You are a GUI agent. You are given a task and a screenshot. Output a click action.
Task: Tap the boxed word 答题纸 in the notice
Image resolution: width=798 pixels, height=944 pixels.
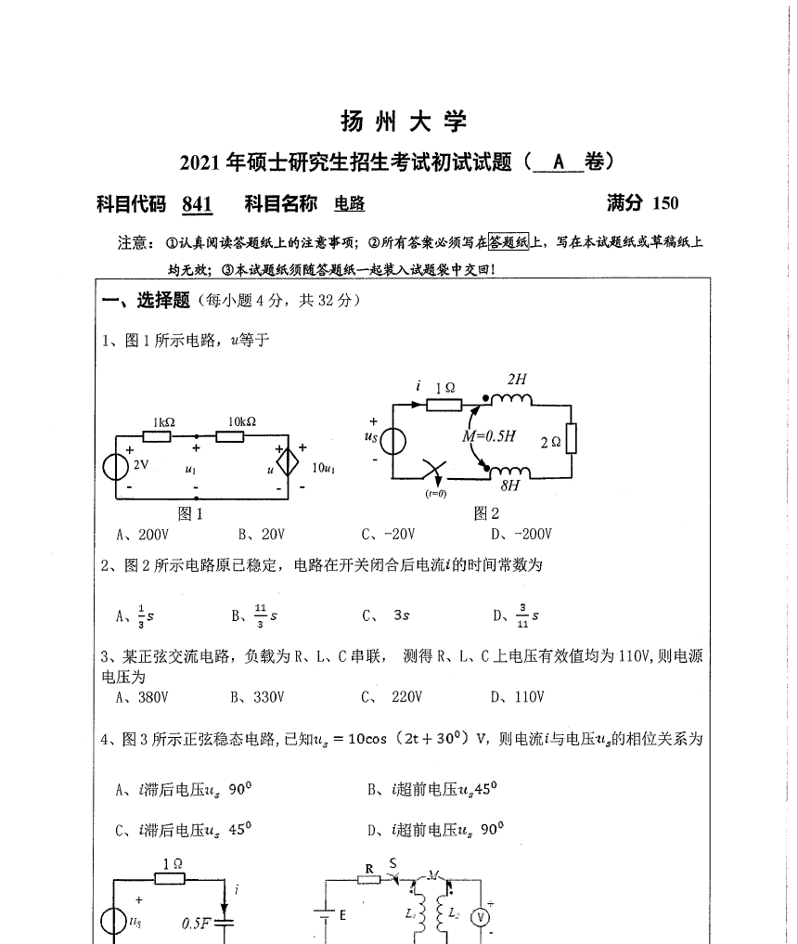point(508,243)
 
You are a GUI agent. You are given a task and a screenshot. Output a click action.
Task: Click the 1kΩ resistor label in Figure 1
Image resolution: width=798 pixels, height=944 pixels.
point(163,422)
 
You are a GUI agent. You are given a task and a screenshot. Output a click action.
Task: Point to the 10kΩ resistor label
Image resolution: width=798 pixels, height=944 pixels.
point(242,422)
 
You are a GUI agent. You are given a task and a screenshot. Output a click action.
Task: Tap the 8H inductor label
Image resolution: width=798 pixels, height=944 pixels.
point(509,486)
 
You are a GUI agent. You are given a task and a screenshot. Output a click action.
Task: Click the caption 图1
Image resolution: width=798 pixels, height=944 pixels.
point(189,513)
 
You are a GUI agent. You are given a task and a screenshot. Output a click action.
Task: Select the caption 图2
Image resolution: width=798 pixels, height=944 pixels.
point(486,513)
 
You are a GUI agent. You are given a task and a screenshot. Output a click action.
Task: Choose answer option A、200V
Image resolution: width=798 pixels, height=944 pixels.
point(141,534)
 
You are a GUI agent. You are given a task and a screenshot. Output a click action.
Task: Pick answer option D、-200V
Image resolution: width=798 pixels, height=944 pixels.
point(522,534)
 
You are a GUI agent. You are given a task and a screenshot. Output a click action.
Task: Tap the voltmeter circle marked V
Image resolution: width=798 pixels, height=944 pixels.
point(482,917)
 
